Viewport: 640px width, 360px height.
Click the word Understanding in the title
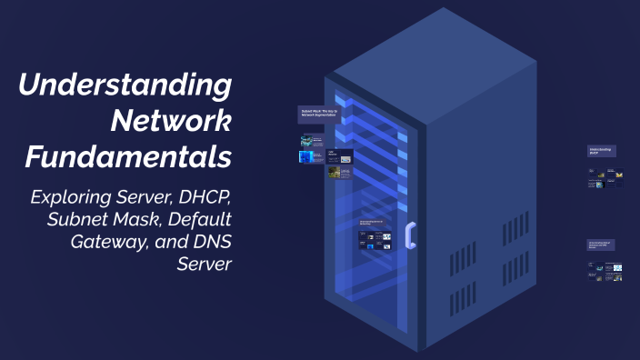pos(125,86)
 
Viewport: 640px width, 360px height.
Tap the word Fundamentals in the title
pos(128,156)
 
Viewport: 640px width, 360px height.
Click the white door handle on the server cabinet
pos(410,235)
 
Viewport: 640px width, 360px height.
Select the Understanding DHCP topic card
pos(602,151)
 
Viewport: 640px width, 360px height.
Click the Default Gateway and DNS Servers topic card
pos(604,245)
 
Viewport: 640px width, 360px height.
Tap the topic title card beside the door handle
pos(375,222)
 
